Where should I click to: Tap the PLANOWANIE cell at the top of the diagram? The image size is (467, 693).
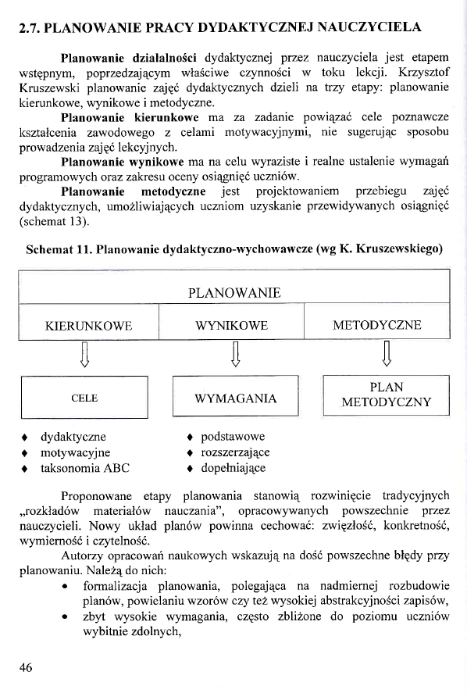pos(234,293)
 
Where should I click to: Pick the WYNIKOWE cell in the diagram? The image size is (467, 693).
pos(232,325)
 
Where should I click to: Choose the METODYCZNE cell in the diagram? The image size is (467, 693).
pos(376,325)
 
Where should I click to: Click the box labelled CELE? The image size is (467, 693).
pos(84,398)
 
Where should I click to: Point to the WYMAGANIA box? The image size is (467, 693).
pos(235,398)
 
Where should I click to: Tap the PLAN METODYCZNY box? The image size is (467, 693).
pos(386,395)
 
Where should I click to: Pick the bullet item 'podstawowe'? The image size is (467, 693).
pos(232,437)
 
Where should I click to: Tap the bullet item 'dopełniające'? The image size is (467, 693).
pos(233,469)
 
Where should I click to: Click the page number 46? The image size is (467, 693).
pos(27,666)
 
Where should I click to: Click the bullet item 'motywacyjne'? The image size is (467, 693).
pos(75,453)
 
